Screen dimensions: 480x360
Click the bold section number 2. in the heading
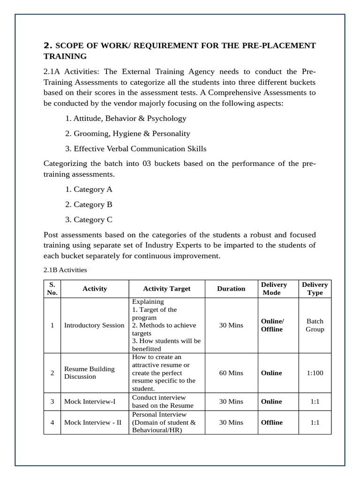point(48,45)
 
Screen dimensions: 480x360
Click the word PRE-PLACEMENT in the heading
point(279,45)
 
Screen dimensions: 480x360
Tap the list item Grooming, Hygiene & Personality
point(127,134)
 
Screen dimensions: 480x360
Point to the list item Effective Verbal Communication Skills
point(135,149)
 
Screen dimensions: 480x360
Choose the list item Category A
point(89,189)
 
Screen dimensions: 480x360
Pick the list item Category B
point(89,204)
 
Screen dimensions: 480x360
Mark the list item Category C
point(89,219)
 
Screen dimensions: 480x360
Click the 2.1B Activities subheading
point(65,270)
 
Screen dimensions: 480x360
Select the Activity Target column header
point(166,289)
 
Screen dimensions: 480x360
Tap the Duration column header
point(231,289)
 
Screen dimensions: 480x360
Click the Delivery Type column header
point(315,289)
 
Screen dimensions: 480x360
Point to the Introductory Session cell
point(94,325)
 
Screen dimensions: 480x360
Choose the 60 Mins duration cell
point(231,373)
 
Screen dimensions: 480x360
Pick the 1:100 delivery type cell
point(315,373)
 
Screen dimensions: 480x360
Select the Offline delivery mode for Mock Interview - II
point(272,422)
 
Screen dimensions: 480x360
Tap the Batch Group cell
point(315,325)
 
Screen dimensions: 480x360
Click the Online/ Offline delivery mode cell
point(272,325)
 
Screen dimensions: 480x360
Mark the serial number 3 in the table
point(52,402)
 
